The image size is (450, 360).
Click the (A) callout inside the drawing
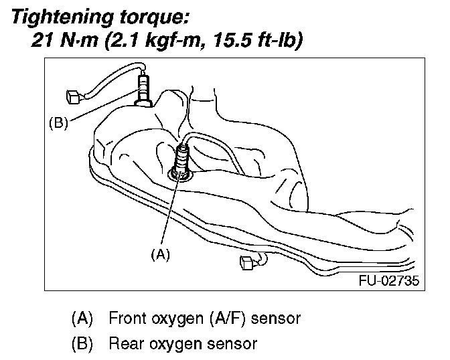(159, 254)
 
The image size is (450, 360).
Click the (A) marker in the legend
(82, 318)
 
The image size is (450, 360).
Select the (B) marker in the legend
(82, 345)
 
